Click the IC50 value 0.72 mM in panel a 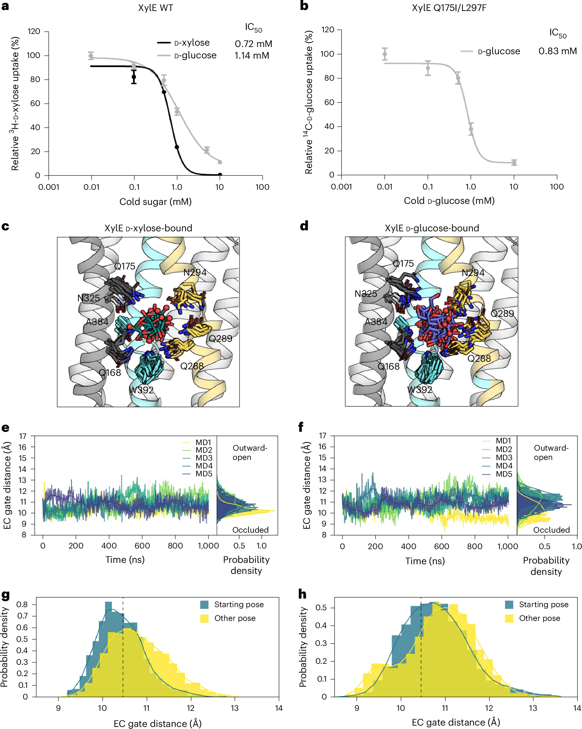pos(253,44)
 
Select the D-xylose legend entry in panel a pos(192,43)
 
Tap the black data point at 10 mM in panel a pos(220,175)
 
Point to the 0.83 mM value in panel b pos(557,51)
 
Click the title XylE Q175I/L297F pos(449,8)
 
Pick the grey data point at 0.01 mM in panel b pos(385,54)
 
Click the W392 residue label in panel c pos(141,390)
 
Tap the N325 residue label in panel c pos(89,298)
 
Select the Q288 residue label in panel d pos(479,359)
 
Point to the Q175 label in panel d pos(403,264)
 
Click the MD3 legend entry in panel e pos(204,458)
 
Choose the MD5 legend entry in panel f pos(504,474)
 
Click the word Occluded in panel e pos(250,530)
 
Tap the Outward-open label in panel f pos(551,452)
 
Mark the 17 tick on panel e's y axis pos(23,436)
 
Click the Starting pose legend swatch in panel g pos(205,605)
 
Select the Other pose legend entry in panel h pos(539,618)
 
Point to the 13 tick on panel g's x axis pos(234,708)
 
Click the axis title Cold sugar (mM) pos(155,202)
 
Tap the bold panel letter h pos(302,594)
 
